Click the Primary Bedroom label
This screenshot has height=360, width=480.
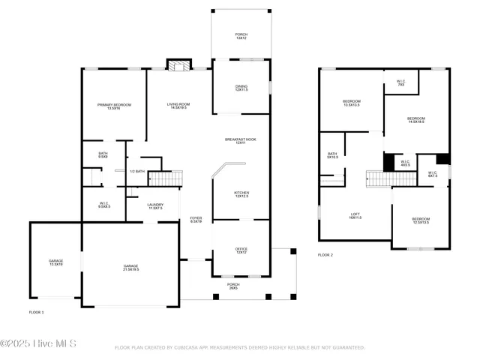[114, 106]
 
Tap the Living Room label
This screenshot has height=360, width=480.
[178, 106]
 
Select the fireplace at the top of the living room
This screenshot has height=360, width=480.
[178, 67]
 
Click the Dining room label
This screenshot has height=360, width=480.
[241, 88]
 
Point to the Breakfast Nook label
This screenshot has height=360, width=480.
[241, 141]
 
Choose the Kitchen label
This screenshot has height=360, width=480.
[241, 194]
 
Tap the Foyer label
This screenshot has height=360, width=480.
[196, 220]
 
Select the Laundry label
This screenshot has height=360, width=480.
[155, 205]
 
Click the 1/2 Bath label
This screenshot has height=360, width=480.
[137, 172]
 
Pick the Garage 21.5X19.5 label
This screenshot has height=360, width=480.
[131, 268]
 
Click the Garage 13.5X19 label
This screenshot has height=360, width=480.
[55, 262]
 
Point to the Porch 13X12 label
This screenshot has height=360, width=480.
[241, 36]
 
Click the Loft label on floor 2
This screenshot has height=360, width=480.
[355, 216]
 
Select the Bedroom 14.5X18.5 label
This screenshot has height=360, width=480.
[416, 120]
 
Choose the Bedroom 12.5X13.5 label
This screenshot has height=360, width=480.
[421, 221]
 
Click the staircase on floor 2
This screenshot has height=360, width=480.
[380, 178]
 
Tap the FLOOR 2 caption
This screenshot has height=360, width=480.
[325, 255]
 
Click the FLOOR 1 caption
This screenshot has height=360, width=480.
[37, 311]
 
